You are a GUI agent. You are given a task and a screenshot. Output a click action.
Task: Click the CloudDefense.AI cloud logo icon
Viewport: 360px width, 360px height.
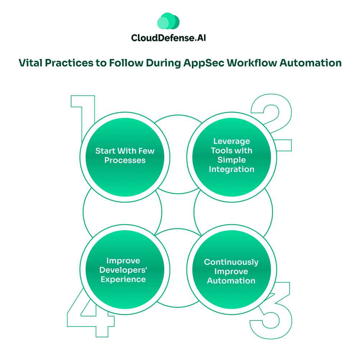tap(168, 22)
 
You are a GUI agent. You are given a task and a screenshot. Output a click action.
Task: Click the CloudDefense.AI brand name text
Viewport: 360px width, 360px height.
tap(169, 38)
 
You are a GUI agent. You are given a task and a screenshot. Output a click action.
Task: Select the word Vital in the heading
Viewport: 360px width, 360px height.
tap(30, 63)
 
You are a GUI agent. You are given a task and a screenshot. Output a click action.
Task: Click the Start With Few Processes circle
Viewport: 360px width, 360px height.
tap(125, 155)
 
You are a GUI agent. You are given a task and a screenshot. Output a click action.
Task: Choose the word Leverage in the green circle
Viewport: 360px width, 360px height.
tap(231, 141)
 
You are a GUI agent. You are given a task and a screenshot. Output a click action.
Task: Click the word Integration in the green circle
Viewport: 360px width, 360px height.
tap(231, 169)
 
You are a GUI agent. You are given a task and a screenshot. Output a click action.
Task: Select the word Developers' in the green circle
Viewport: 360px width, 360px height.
tap(123, 270)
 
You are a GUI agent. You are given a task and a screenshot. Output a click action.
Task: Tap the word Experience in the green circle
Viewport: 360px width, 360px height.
tap(123, 279)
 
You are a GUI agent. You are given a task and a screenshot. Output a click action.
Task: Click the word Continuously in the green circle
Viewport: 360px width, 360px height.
tap(231, 262)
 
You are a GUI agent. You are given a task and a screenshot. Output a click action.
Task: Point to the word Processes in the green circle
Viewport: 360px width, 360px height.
tap(125, 160)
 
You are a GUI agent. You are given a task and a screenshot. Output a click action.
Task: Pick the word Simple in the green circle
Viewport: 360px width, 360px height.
tap(231, 160)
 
